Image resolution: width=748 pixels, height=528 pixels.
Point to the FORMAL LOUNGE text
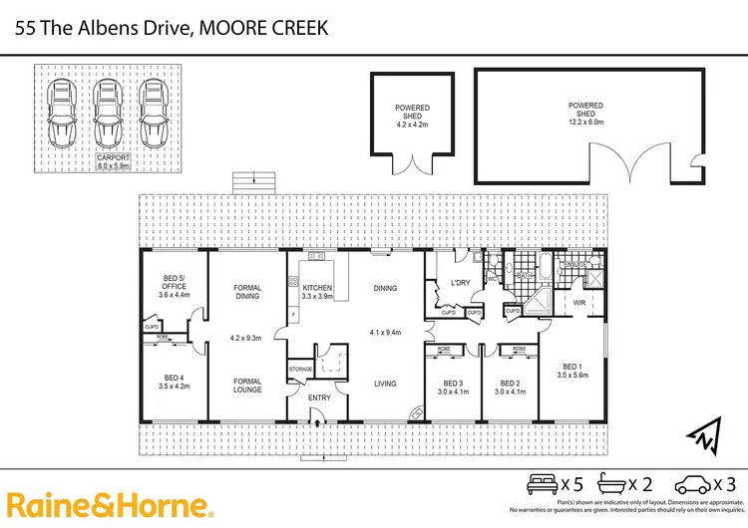click(x=247, y=385)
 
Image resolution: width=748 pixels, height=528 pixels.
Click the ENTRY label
click(x=319, y=398)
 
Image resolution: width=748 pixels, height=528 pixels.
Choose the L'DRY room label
click(x=460, y=284)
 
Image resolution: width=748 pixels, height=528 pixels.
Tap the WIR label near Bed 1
click(x=578, y=303)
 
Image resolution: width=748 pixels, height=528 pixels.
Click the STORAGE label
click(x=301, y=370)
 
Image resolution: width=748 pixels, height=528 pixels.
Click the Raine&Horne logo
click(x=110, y=505)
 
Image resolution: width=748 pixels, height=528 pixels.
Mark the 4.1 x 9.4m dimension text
click(x=384, y=333)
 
